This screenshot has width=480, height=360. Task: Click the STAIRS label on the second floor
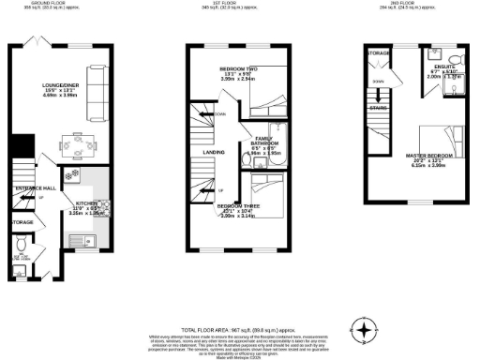pos(379,108)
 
